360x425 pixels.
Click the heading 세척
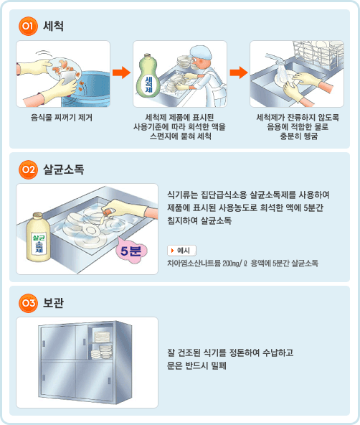53,27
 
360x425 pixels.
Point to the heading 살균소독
64,169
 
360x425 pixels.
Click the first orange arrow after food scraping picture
122,73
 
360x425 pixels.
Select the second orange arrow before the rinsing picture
238,73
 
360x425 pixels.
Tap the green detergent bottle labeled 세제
148,76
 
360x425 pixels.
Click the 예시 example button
182,250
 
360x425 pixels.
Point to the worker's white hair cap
204,51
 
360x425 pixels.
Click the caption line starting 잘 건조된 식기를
230,353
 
